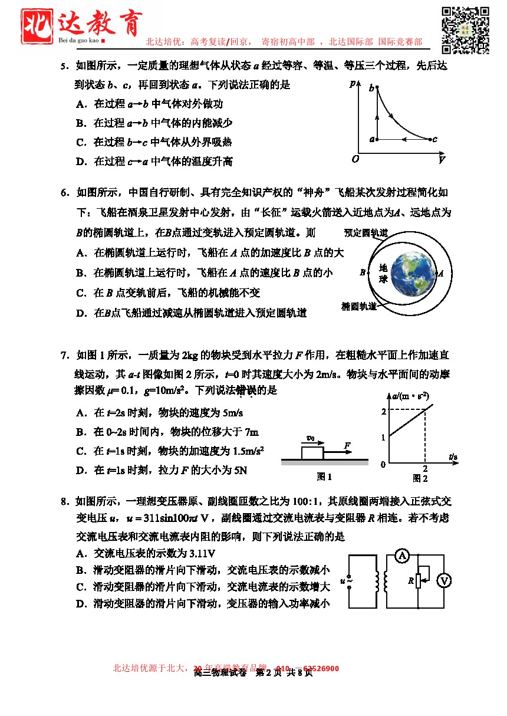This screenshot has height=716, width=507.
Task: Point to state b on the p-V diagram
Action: (x=371, y=88)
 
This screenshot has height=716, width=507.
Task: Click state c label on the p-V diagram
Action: (x=435, y=140)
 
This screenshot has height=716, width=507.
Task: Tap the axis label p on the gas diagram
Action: (x=352, y=83)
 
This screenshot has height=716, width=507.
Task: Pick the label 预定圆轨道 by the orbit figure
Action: (x=366, y=233)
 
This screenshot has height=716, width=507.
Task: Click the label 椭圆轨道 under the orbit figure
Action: (x=359, y=306)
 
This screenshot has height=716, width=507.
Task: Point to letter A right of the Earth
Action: (x=441, y=273)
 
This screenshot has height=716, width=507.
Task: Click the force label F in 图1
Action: (x=348, y=445)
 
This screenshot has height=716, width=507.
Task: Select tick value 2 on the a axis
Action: (x=383, y=411)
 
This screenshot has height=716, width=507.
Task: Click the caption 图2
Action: (x=420, y=478)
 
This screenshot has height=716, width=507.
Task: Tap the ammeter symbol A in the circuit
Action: (x=402, y=556)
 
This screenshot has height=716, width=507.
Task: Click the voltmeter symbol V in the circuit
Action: (x=444, y=581)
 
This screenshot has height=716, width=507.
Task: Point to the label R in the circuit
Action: (x=410, y=581)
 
